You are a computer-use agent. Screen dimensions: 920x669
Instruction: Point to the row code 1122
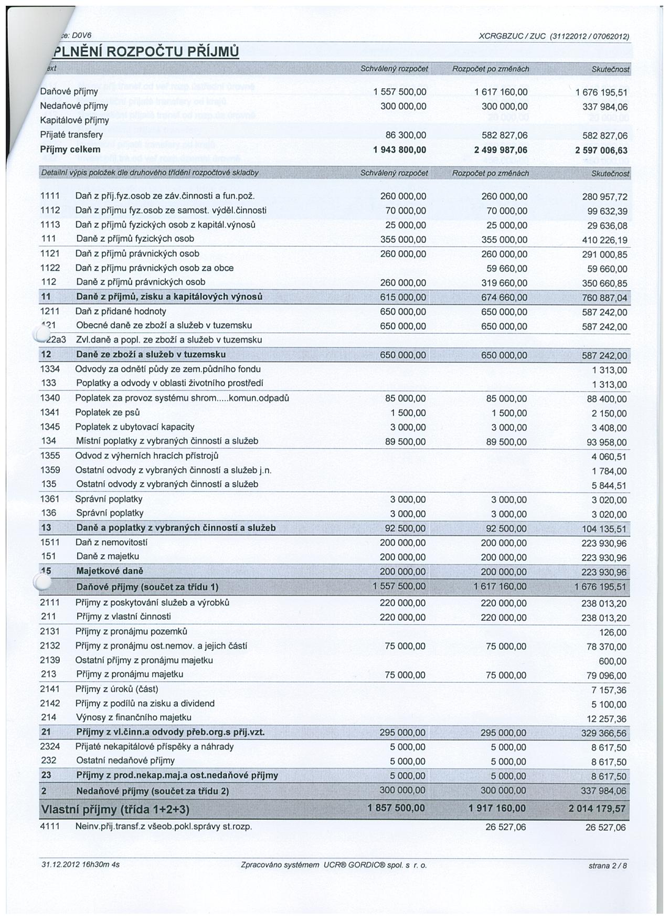coord(50,268)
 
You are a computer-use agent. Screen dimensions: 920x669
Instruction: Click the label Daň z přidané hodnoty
coord(121,311)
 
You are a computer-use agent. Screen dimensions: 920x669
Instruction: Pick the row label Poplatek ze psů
coord(107,413)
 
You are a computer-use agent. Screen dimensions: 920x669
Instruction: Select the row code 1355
coord(50,456)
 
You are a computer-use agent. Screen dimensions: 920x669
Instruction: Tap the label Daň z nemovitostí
coord(111,542)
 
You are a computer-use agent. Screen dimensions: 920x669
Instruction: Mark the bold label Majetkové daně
coord(110,571)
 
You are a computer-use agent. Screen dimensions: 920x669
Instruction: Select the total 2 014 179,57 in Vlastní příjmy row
coord(597,809)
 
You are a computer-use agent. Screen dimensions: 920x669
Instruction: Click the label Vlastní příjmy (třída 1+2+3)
coord(114,810)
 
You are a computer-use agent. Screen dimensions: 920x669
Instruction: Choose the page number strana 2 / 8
coord(608,866)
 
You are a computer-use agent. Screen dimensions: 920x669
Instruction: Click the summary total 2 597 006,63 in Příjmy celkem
coord(601,151)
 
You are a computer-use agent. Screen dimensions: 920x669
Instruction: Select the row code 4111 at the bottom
coord(50,827)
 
